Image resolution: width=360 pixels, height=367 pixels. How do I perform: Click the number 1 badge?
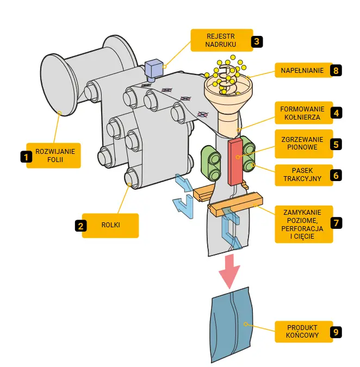click(25, 156)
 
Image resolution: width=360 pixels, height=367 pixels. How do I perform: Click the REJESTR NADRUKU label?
click(220, 40)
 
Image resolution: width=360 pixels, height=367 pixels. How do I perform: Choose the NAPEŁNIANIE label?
click(302, 71)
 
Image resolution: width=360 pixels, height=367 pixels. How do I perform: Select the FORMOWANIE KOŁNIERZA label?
click(302, 113)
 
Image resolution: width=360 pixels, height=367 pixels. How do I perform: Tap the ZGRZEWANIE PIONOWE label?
click(302, 144)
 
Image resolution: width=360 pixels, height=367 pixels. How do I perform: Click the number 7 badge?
click(337, 223)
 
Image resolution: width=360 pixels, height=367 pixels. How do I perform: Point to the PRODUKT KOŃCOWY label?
click(302, 331)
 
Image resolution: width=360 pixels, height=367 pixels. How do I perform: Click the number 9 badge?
click(336, 331)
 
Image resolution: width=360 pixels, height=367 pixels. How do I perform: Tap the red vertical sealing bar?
click(236, 161)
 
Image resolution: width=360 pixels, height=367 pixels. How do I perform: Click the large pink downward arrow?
click(231, 270)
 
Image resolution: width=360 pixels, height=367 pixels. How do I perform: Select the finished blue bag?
click(232, 325)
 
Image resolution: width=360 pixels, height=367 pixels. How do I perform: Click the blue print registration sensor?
click(154, 69)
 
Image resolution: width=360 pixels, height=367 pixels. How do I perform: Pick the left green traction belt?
click(212, 161)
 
